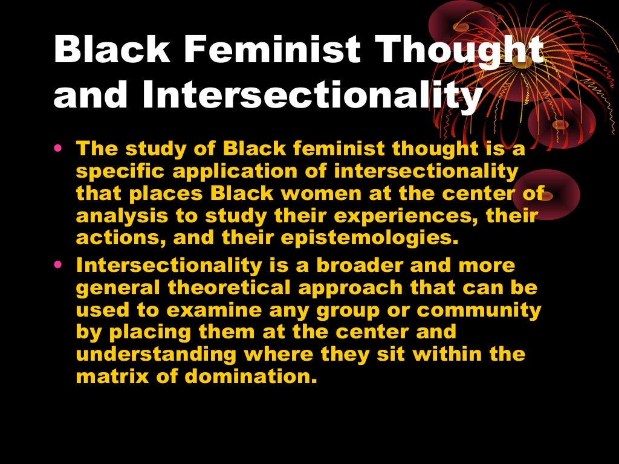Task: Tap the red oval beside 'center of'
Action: (x=553, y=193)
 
